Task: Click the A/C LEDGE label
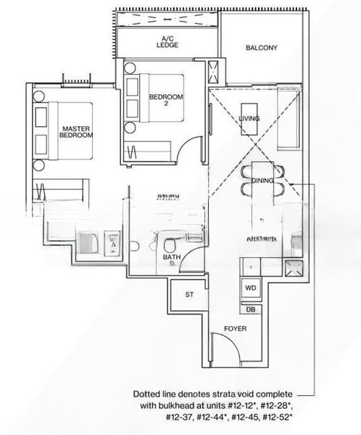pos(167,41)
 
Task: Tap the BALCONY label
pos(261,49)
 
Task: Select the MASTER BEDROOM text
pos(76,131)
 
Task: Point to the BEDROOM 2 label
pos(166,100)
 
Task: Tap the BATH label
pos(172,259)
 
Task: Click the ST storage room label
pos(189,295)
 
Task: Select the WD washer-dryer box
pos(251,288)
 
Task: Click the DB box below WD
pos(251,310)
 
